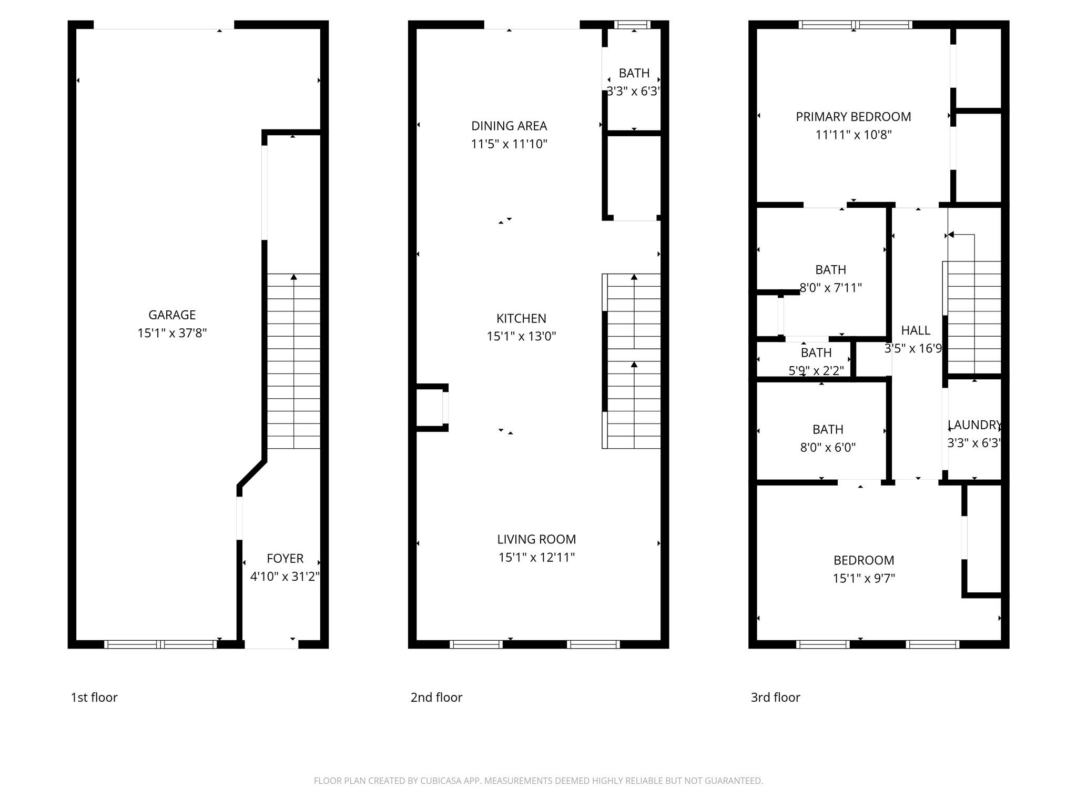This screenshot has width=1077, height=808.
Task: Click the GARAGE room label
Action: [x=172, y=315]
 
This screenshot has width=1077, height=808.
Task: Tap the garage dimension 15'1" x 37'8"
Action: [x=172, y=333]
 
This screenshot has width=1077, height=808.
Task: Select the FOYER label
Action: [x=285, y=558]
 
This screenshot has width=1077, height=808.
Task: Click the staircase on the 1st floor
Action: [x=293, y=361]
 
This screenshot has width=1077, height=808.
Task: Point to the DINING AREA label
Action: [x=509, y=126]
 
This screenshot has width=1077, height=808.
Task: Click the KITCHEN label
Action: [x=521, y=318]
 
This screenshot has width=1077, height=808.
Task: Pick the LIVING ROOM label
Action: [x=536, y=539]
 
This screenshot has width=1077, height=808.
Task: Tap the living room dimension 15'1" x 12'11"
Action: [x=536, y=558]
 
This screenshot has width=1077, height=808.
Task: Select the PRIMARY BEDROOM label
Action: [x=853, y=117]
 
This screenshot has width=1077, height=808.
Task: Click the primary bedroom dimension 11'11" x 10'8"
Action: [x=853, y=135]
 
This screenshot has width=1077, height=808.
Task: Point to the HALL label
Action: [x=916, y=330]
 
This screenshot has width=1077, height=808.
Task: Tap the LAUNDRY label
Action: [x=974, y=425]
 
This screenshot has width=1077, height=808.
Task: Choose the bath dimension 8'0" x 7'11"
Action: [x=830, y=288]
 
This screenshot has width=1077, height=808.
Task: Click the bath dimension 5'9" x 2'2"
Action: [x=816, y=371]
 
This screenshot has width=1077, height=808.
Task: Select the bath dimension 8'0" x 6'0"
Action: [x=828, y=448]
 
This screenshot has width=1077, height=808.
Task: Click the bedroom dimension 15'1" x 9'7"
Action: [x=863, y=579]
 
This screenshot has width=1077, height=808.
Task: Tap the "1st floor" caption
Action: [x=94, y=698]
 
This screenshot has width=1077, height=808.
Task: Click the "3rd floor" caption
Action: [x=775, y=698]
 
